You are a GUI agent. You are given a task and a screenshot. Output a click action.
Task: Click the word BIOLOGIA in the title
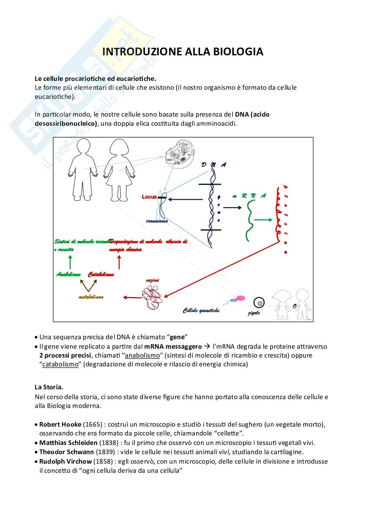(238, 52)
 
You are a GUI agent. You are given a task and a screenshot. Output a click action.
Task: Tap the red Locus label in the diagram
(149, 197)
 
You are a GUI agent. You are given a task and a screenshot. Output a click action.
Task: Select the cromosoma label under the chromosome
(157, 221)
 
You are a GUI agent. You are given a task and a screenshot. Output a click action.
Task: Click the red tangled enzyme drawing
(152, 297)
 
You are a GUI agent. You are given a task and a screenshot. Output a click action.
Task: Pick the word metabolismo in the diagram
(91, 297)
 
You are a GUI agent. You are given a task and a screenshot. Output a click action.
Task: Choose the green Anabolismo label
(68, 274)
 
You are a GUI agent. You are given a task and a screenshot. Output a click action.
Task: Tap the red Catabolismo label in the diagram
(101, 274)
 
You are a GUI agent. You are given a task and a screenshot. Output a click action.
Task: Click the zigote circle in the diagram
(259, 303)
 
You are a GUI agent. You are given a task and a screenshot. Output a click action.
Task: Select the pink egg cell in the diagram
(241, 298)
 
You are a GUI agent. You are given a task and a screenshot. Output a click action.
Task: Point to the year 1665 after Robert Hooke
(93, 424)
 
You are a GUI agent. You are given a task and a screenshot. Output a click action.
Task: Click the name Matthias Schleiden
(68, 443)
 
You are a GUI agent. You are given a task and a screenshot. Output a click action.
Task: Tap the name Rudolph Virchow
(65, 461)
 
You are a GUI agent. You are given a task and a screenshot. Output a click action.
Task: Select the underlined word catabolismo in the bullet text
(60, 364)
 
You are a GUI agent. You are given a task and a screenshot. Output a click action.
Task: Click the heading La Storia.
(49, 387)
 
